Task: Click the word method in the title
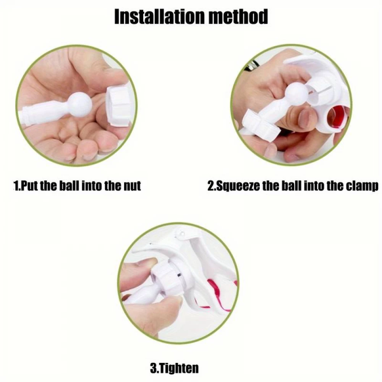238,16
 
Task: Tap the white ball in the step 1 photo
80,105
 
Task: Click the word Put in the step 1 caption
28,186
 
